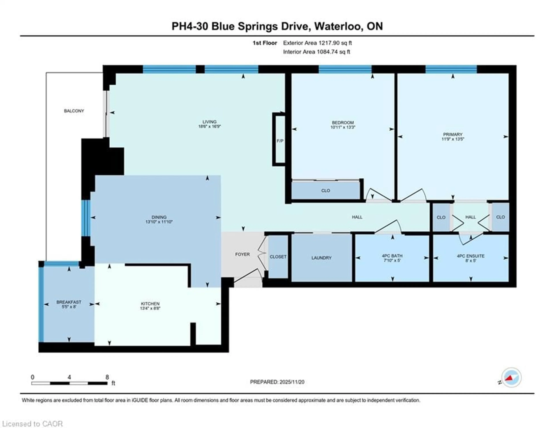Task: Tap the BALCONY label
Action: [x=74, y=111]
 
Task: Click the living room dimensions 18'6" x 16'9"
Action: [x=209, y=126]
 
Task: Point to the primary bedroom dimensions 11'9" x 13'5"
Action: [x=453, y=139]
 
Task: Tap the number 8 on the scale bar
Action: [x=107, y=377]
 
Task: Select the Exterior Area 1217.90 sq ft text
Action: [x=317, y=43]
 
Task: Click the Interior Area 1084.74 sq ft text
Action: [x=317, y=52]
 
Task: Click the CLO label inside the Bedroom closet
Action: [x=325, y=190]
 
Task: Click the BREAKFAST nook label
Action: [x=69, y=302]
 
